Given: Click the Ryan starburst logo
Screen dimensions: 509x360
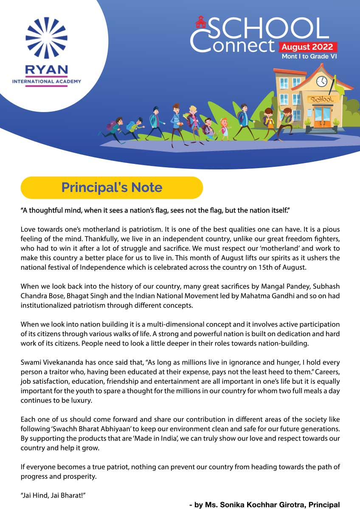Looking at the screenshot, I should point(46,38).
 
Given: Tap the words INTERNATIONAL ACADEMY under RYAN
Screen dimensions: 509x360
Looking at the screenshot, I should point(46,81).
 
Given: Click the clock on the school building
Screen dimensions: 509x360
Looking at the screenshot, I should point(321,81).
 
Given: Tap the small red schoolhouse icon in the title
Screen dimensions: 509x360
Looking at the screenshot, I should point(200,22).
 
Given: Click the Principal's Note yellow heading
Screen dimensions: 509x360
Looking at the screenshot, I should point(112,188).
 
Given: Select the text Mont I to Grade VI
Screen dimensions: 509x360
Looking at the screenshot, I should point(309,56).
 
